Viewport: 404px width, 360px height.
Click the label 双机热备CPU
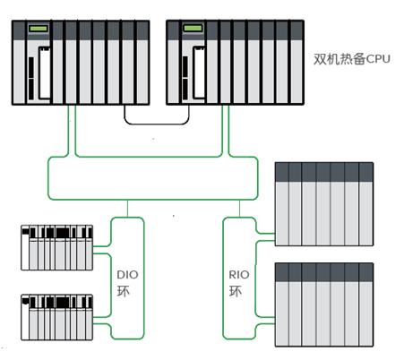[352, 59]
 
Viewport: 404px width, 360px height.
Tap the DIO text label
[127, 275]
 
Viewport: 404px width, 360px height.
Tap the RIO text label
[239, 275]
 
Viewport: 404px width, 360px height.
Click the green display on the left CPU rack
[39, 29]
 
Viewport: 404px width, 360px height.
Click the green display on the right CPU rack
[193, 29]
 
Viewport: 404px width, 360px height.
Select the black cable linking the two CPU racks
[157, 124]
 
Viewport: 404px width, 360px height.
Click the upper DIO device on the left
[56, 248]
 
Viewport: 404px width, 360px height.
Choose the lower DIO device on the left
[56, 317]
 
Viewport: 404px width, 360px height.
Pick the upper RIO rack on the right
[324, 204]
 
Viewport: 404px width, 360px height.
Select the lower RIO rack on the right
[324, 304]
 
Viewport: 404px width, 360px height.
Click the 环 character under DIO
[124, 291]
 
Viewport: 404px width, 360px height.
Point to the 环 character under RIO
[236, 291]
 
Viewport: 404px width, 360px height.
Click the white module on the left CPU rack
[45, 73]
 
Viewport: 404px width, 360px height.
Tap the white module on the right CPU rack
[199, 73]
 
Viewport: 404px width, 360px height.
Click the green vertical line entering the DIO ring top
[127, 209]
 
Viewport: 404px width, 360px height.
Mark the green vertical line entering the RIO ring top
[239, 209]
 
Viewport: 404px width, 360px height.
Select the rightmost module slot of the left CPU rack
[142, 63]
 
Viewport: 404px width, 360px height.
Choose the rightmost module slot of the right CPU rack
[297, 63]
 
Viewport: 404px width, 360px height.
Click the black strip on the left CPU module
[31, 79]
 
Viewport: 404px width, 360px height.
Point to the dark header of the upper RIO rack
[324, 172]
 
